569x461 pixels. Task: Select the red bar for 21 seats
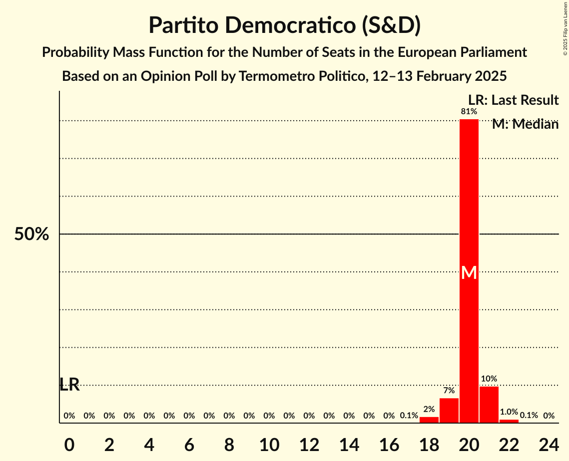[x=489, y=405]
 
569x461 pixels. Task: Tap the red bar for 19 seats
[x=449, y=411]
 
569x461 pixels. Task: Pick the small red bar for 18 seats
[x=429, y=420]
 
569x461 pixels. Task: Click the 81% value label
[x=469, y=112]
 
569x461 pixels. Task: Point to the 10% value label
[x=489, y=379]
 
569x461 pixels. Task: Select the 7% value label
[x=449, y=391]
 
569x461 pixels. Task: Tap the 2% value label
[x=429, y=410]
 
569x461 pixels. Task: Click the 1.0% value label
[x=509, y=412]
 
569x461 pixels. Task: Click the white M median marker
[x=469, y=272]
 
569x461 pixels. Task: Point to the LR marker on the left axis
[x=69, y=385]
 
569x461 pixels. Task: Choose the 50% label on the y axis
[x=31, y=234]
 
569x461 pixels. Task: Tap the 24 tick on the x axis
[x=549, y=444]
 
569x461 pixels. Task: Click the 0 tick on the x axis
[x=69, y=444]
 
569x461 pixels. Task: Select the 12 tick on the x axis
[x=309, y=444]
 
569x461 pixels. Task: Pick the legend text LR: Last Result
[x=513, y=100]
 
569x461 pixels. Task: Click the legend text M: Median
[x=525, y=124]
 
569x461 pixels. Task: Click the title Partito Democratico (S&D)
[x=284, y=25]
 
